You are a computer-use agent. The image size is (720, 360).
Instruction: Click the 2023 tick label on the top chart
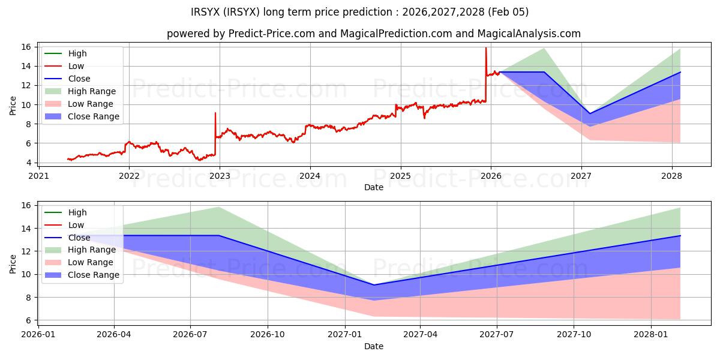click(x=219, y=176)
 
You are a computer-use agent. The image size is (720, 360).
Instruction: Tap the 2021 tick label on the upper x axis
click(x=38, y=176)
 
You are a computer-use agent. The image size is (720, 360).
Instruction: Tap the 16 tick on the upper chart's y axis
click(x=27, y=47)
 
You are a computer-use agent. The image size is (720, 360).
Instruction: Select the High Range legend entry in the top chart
click(x=92, y=91)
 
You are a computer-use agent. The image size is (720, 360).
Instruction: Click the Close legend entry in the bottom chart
click(x=79, y=238)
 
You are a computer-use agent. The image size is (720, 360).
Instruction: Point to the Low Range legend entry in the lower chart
click(x=91, y=263)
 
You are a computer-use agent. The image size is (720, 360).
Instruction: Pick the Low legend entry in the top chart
click(x=76, y=66)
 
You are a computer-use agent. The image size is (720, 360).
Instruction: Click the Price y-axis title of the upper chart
click(x=13, y=105)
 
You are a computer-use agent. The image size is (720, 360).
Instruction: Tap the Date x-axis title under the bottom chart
click(x=373, y=346)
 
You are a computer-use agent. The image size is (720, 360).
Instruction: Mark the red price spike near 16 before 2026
click(x=486, y=49)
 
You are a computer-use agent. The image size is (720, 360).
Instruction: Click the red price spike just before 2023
click(x=215, y=113)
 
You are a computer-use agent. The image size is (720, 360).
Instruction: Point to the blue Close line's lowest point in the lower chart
click(x=373, y=285)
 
